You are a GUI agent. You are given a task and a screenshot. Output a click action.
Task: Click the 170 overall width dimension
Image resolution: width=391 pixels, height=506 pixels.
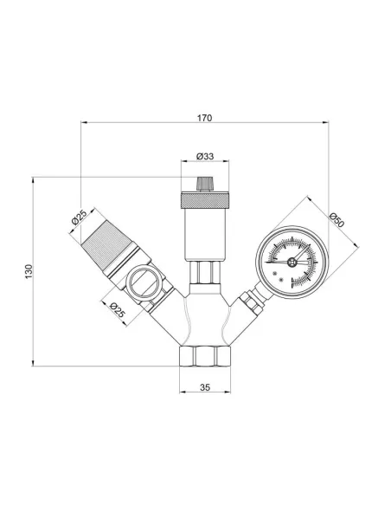pos(204,117)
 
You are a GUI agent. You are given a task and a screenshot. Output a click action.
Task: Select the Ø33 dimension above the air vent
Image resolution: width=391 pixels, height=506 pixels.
pos(205,156)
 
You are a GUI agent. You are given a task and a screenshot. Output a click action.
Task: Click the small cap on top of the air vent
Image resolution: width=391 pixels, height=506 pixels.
pos(205,185)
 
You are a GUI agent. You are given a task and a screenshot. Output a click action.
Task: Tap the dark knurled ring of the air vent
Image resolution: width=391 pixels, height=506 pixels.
pos(205,201)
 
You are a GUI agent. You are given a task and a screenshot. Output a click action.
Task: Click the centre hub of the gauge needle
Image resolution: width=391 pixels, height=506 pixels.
pos(292,259)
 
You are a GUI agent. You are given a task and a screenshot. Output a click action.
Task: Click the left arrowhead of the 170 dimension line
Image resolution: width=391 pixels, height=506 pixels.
pos(84,124)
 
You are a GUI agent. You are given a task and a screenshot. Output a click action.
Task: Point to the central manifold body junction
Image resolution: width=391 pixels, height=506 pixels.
pos(205,316)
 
